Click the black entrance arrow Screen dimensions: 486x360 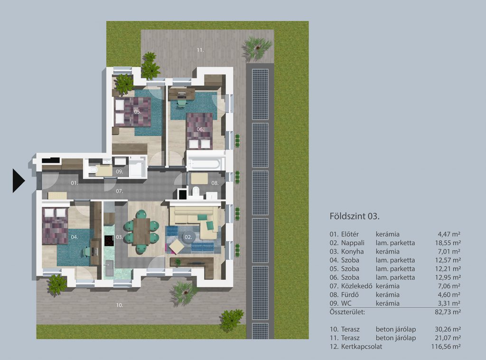click(x=18, y=181)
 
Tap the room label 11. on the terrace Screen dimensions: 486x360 click(x=201, y=50)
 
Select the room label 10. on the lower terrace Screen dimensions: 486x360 click(x=120, y=305)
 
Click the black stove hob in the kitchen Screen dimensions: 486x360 click(x=109, y=241)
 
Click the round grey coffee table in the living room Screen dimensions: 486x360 click(x=188, y=237)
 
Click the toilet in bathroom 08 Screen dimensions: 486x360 click(x=196, y=191)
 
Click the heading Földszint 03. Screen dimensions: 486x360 click(x=355, y=216)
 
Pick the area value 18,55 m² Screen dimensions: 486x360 click(x=448, y=243)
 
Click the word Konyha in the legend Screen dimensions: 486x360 click(x=353, y=251)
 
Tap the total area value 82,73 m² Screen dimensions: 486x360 click(x=448, y=312)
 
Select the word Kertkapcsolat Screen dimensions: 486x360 click(x=361, y=347)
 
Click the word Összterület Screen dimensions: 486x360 click(x=347, y=312)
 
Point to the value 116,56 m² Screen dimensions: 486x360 click(x=446, y=347)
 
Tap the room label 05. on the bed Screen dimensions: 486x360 click(x=138, y=112)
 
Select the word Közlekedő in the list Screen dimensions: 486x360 click(x=356, y=286)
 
